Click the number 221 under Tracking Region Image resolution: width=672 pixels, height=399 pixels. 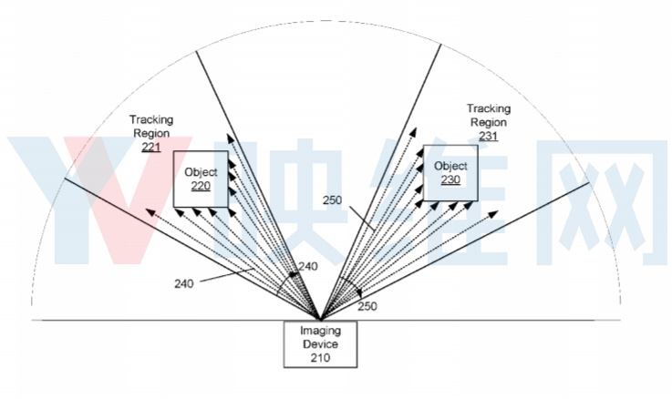click(151, 148)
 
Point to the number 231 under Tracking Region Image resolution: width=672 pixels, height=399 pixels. click(489, 136)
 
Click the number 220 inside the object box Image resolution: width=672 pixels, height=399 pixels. click(201, 186)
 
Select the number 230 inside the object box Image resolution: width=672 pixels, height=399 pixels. click(450, 179)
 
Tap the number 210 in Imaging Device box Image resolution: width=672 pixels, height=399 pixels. click(321, 358)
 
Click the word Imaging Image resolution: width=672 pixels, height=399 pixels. click(321, 331)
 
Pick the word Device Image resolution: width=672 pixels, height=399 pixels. click(321, 344)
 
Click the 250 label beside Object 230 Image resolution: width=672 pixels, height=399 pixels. click(332, 199)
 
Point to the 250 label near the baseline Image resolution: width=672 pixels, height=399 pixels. click(367, 306)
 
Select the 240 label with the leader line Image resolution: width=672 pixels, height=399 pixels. click(184, 283)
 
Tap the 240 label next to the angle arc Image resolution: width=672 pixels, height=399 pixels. click(308, 266)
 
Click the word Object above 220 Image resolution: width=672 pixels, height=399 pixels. click(201, 172)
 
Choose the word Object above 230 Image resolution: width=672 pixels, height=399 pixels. click(450, 166)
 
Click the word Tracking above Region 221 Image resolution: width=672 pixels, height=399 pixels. click(151, 120)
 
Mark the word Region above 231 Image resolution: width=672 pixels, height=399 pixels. click(489, 122)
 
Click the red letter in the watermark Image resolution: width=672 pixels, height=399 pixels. click(127, 200)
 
